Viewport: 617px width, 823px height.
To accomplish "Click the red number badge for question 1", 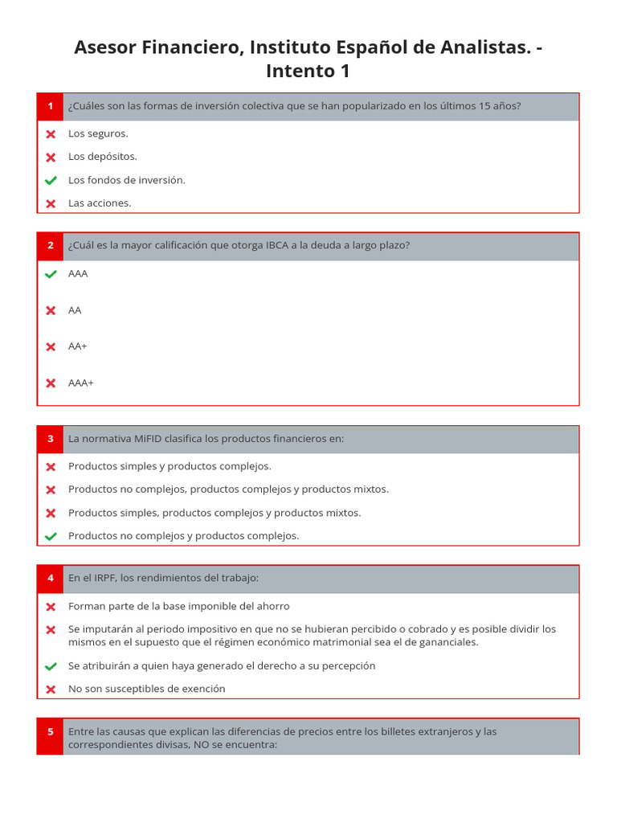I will click(x=50, y=106).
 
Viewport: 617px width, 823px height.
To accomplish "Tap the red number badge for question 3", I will click(x=50, y=439).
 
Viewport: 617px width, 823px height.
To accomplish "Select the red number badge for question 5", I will click(x=50, y=732).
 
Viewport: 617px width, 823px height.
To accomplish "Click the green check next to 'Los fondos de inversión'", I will click(x=51, y=180).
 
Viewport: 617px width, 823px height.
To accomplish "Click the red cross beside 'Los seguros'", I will click(x=51, y=134).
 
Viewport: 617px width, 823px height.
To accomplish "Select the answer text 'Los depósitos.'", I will click(x=103, y=157).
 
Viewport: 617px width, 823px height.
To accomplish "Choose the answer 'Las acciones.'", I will click(x=100, y=203).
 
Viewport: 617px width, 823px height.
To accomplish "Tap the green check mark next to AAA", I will click(x=51, y=274).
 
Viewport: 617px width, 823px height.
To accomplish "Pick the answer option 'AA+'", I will click(x=78, y=346).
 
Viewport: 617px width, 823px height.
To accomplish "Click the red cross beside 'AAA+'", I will click(x=51, y=383).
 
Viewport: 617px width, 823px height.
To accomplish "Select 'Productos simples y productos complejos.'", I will click(x=170, y=466).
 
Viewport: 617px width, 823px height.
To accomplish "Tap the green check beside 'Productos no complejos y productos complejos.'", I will click(x=51, y=536).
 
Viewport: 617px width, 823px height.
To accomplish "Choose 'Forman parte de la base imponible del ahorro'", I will click(x=179, y=607).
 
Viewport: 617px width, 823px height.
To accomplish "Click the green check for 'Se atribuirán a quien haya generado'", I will click(x=51, y=666).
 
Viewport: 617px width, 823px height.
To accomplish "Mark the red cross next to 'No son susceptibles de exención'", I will click(x=51, y=690).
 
